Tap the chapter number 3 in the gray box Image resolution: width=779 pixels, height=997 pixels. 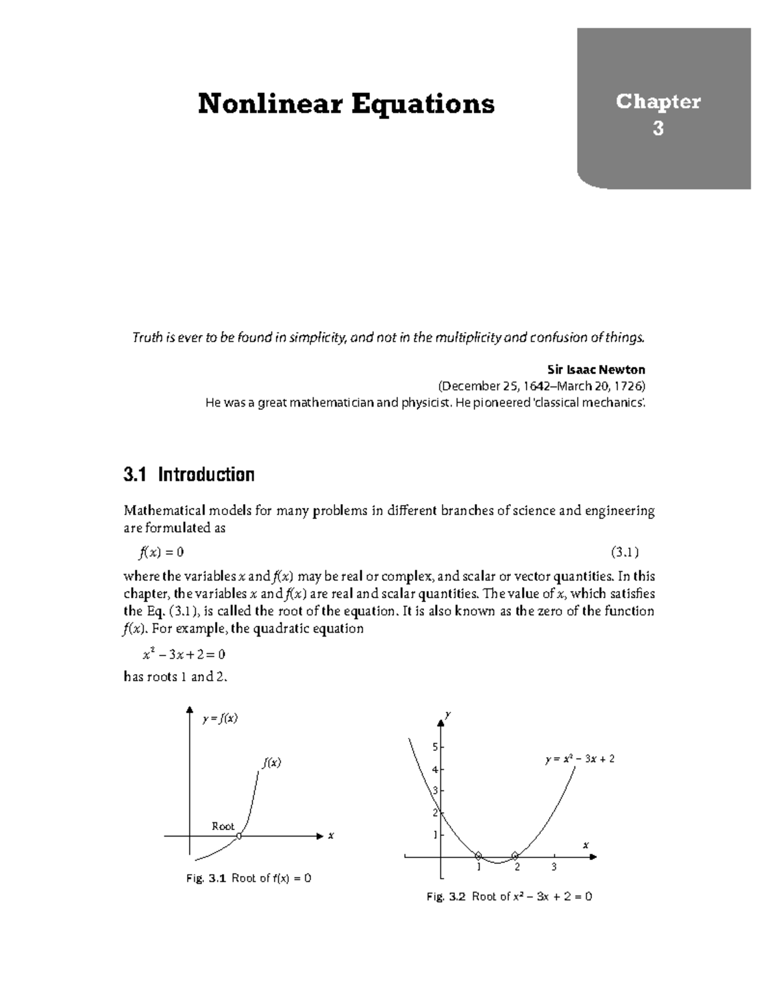click(658, 129)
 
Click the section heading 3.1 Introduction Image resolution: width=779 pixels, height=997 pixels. click(188, 475)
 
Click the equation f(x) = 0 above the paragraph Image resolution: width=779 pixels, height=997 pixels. click(162, 552)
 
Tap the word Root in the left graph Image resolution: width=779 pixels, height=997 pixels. click(223, 826)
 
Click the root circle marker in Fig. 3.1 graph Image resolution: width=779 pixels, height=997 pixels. click(239, 836)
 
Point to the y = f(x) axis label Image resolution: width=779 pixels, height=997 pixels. click(219, 718)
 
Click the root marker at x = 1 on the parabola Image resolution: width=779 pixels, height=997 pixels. click(478, 855)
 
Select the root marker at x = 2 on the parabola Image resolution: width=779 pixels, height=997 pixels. click(515, 855)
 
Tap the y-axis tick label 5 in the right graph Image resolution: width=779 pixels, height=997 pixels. click(435, 748)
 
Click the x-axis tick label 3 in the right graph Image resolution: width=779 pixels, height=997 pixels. click(553, 867)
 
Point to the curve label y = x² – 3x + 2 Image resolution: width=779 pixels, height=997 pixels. click(580, 759)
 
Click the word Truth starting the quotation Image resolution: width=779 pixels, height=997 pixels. click(147, 337)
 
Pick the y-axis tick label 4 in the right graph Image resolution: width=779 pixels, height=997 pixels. click(435, 770)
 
